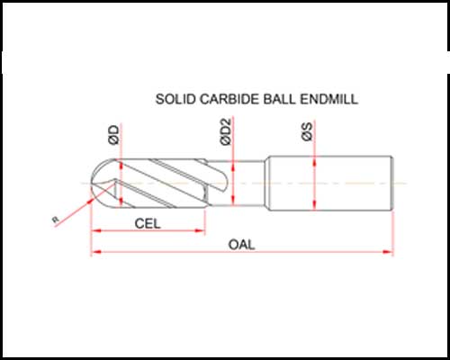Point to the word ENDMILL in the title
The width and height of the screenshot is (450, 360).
329,99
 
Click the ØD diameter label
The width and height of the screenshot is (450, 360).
114,135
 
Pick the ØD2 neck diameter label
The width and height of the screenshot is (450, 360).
226,131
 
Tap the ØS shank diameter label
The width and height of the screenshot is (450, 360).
307,131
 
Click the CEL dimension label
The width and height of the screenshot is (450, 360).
148,223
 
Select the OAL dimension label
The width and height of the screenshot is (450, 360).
242,245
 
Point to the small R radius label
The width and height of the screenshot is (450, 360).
55,220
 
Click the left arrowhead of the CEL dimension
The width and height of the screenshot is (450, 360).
96,230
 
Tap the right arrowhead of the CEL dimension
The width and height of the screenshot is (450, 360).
200,230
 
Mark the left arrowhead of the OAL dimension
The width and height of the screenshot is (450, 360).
96,252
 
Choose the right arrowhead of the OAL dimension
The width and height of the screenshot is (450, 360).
388,252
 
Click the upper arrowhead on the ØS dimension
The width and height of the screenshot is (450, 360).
314,162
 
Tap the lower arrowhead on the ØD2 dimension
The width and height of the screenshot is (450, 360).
233,201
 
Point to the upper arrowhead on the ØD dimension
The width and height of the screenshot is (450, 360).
121,165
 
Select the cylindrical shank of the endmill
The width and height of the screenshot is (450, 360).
330,183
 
